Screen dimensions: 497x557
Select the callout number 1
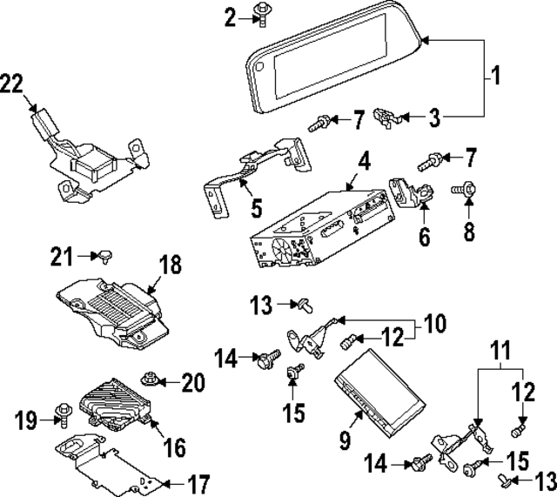pos(495,77)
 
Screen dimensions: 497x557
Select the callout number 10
pos(433,325)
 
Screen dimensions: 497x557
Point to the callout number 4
pos(364,160)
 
